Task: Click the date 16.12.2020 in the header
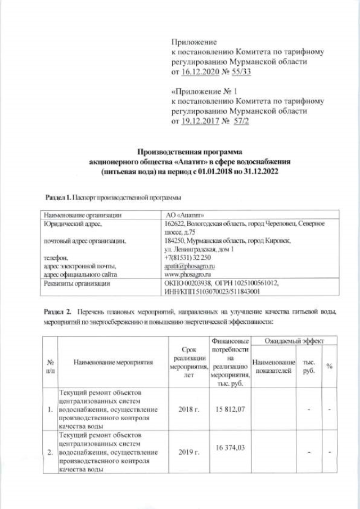point(200,73)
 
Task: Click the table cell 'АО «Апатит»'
point(179,214)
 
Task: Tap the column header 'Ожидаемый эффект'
point(291,341)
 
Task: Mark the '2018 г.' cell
point(188,408)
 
